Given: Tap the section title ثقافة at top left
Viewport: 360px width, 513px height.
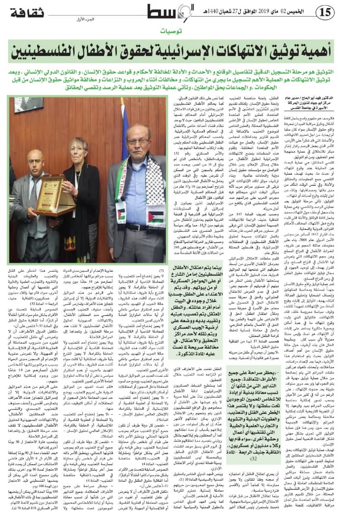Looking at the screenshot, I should tap(28, 12).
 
